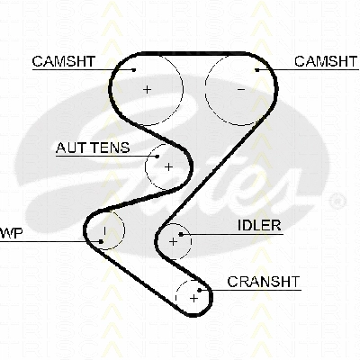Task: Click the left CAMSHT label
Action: pos(64,61)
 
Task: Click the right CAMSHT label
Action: pos(326,61)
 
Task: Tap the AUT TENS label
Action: pos(93,148)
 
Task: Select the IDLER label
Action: pos(259,225)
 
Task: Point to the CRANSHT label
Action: pos(264,282)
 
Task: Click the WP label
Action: pos(11,233)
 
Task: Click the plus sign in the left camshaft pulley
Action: pos(147,89)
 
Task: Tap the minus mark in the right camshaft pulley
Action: pos(241,89)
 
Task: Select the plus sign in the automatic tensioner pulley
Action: pos(169,166)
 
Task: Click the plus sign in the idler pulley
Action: pos(174,241)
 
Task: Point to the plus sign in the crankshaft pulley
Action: pos(194,298)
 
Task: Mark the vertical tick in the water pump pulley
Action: pos(104,230)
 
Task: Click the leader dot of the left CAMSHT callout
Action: pos(134,70)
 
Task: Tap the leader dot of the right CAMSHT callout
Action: pos(257,70)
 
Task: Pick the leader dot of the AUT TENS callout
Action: pos(157,157)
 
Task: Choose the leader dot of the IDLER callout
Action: pos(181,234)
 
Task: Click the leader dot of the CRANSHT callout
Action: pos(200,290)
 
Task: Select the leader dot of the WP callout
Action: pos(101,241)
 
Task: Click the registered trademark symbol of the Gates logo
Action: pos(337,201)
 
